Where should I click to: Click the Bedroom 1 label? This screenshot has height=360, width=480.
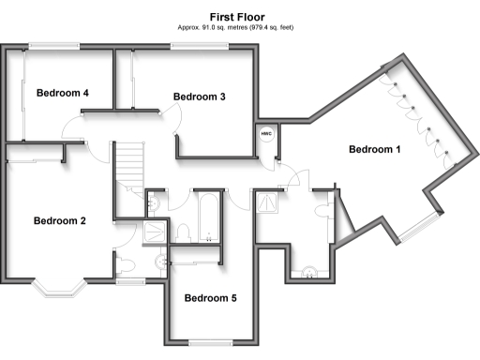(374, 149)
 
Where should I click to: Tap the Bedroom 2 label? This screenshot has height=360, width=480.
(60, 221)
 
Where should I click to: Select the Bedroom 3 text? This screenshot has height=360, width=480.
(200, 97)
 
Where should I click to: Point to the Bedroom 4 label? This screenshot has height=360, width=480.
(63, 93)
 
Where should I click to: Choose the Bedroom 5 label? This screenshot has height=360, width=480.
(210, 299)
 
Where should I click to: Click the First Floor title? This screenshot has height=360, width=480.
(236, 17)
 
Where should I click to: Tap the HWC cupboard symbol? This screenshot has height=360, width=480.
(265, 134)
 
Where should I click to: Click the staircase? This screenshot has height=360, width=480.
(130, 169)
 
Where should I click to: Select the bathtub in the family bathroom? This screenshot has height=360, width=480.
(204, 216)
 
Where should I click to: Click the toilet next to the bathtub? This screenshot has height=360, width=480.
(185, 231)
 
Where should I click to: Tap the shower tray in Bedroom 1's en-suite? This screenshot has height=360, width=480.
(268, 200)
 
